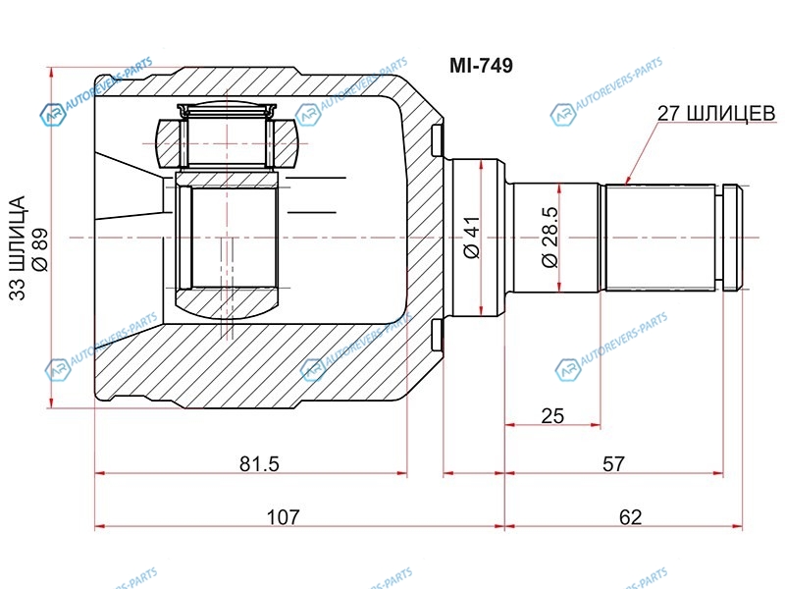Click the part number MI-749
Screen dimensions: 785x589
[x=481, y=65]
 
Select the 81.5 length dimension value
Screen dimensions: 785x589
[x=259, y=463]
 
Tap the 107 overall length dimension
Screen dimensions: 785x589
[x=283, y=516]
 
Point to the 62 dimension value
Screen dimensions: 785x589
[x=630, y=516]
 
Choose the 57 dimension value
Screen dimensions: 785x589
[x=613, y=463]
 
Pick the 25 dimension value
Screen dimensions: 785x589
[x=552, y=415]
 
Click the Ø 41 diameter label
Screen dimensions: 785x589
[x=472, y=238]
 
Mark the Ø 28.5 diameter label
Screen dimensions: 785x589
[x=549, y=238]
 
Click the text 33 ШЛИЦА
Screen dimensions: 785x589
[x=17, y=248]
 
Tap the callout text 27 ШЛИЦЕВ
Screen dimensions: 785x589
[x=716, y=114]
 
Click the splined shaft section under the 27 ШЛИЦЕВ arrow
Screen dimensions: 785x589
[x=659, y=238]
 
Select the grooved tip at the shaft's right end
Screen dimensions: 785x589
[x=732, y=238]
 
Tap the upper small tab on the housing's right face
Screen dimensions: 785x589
[x=437, y=140]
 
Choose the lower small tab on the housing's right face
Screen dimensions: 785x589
[x=437, y=335]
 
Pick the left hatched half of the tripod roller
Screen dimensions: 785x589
[x=168, y=143]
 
